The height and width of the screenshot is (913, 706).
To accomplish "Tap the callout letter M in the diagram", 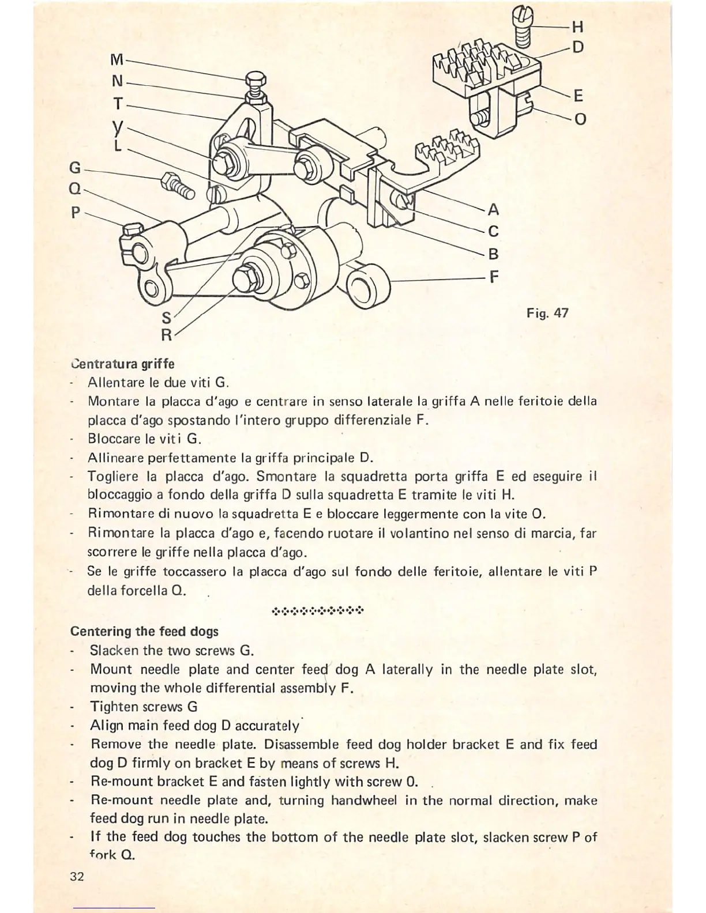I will [117, 60].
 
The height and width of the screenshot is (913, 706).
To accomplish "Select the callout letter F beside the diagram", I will [493, 277].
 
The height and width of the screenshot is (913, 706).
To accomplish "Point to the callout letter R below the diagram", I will [166, 334].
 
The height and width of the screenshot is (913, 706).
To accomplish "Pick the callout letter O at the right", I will [580, 119].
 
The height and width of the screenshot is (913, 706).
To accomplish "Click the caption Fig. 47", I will [547, 313].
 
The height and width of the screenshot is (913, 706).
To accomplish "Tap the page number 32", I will [77, 877].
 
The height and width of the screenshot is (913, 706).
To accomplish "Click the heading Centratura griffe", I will [122, 364].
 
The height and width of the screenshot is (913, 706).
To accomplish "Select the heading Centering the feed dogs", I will [144, 631].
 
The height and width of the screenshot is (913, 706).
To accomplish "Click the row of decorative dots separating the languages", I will [317, 610].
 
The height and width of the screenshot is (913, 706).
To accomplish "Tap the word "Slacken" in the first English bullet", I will [114, 651].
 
